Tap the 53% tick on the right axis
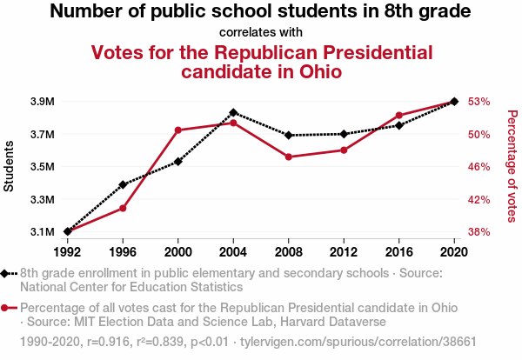[479, 102]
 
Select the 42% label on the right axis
[479, 199]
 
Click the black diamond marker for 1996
[123, 184]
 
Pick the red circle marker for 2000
[178, 130]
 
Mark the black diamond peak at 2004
[233, 113]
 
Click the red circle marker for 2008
[289, 157]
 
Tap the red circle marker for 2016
[399, 116]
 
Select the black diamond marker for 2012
[344, 134]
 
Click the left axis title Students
[10, 166]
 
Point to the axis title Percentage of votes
[512, 166]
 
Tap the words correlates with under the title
[260, 32]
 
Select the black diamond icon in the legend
[6, 273]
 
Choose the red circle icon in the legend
[6, 308]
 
